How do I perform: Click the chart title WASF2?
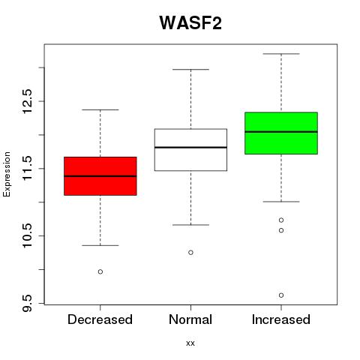190,23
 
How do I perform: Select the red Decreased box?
100,176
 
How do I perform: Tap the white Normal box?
190,150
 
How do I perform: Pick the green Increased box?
281,133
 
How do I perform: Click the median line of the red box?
100,176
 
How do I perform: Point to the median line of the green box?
281,132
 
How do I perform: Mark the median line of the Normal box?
190,148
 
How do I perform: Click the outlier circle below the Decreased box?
100,271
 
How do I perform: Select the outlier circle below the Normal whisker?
190,253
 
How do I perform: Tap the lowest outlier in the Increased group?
281,295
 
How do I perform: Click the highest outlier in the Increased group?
281,220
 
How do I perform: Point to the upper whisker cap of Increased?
281,54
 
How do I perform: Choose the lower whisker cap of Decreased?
100,245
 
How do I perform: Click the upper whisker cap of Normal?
190,69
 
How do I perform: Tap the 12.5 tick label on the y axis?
27,101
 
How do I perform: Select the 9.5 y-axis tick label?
27,303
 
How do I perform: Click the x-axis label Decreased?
100,319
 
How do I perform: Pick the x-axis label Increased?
281,319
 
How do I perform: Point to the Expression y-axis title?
7,174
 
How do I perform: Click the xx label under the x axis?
190,343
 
